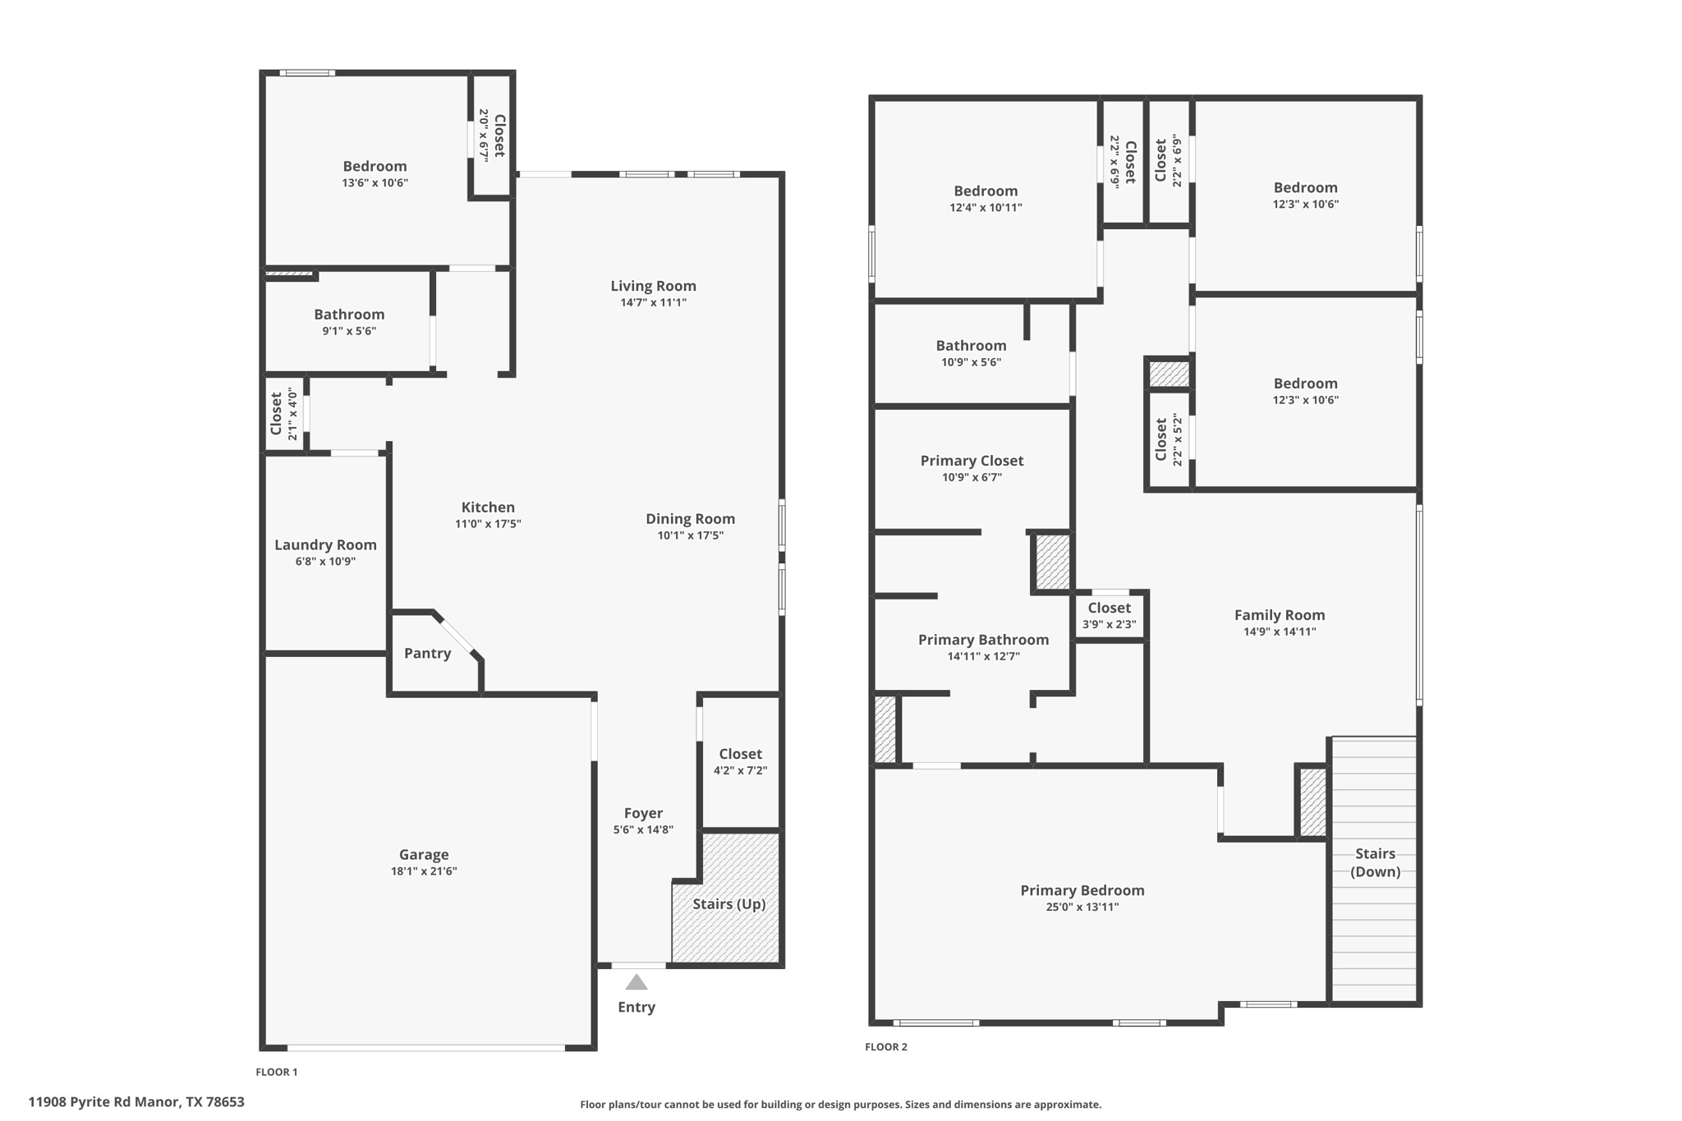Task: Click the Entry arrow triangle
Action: pos(636,982)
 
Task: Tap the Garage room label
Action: pos(424,854)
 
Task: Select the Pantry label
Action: pos(427,653)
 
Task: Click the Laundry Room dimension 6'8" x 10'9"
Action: pos(325,562)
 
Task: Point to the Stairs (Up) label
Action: pos(728,904)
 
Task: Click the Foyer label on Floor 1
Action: pos(643,813)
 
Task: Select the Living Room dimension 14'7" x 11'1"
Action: pos(653,302)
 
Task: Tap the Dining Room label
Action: pos(690,518)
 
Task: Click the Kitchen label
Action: pos(488,507)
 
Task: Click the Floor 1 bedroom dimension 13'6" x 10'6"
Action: pos(375,183)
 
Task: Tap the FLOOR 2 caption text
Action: pos(885,1046)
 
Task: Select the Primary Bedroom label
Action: pos(1082,890)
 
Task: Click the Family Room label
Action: pos(1279,614)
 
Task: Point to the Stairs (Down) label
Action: pos(1375,862)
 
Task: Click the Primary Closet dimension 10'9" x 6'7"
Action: pos(972,477)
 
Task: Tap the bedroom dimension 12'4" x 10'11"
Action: pos(986,208)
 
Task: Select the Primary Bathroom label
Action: pos(983,639)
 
